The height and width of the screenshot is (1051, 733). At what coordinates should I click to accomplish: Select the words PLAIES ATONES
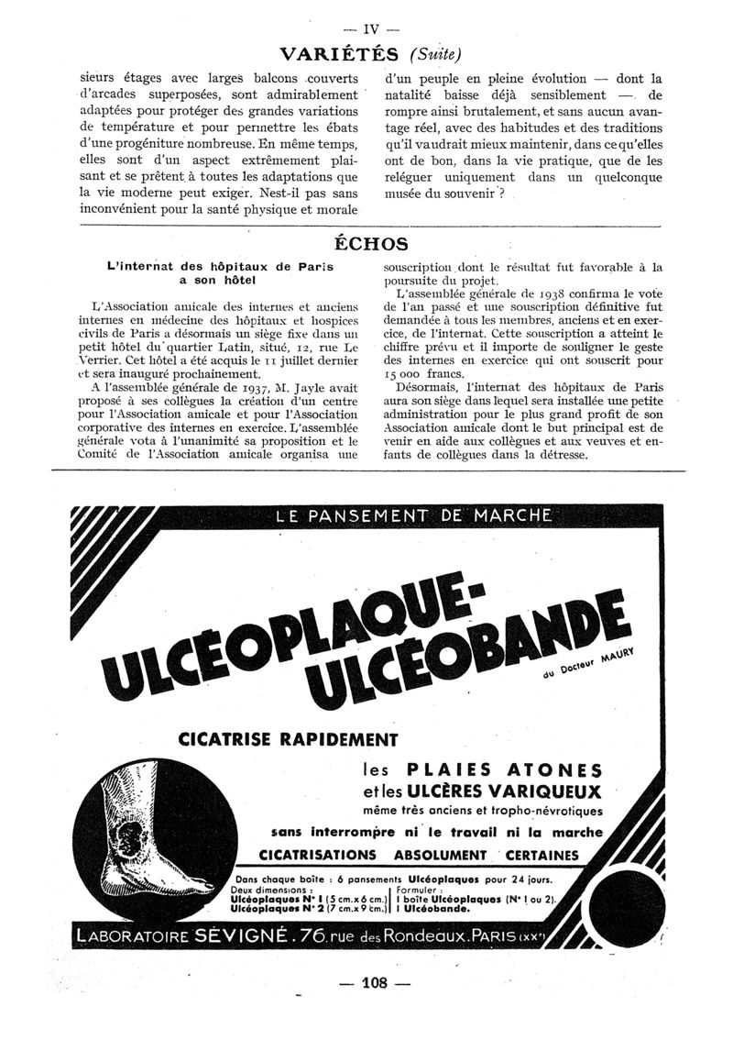pos(504,769)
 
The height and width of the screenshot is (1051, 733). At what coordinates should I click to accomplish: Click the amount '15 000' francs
pos(406,374)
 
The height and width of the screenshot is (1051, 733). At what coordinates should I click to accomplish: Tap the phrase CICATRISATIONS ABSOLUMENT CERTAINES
pos(432,855)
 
